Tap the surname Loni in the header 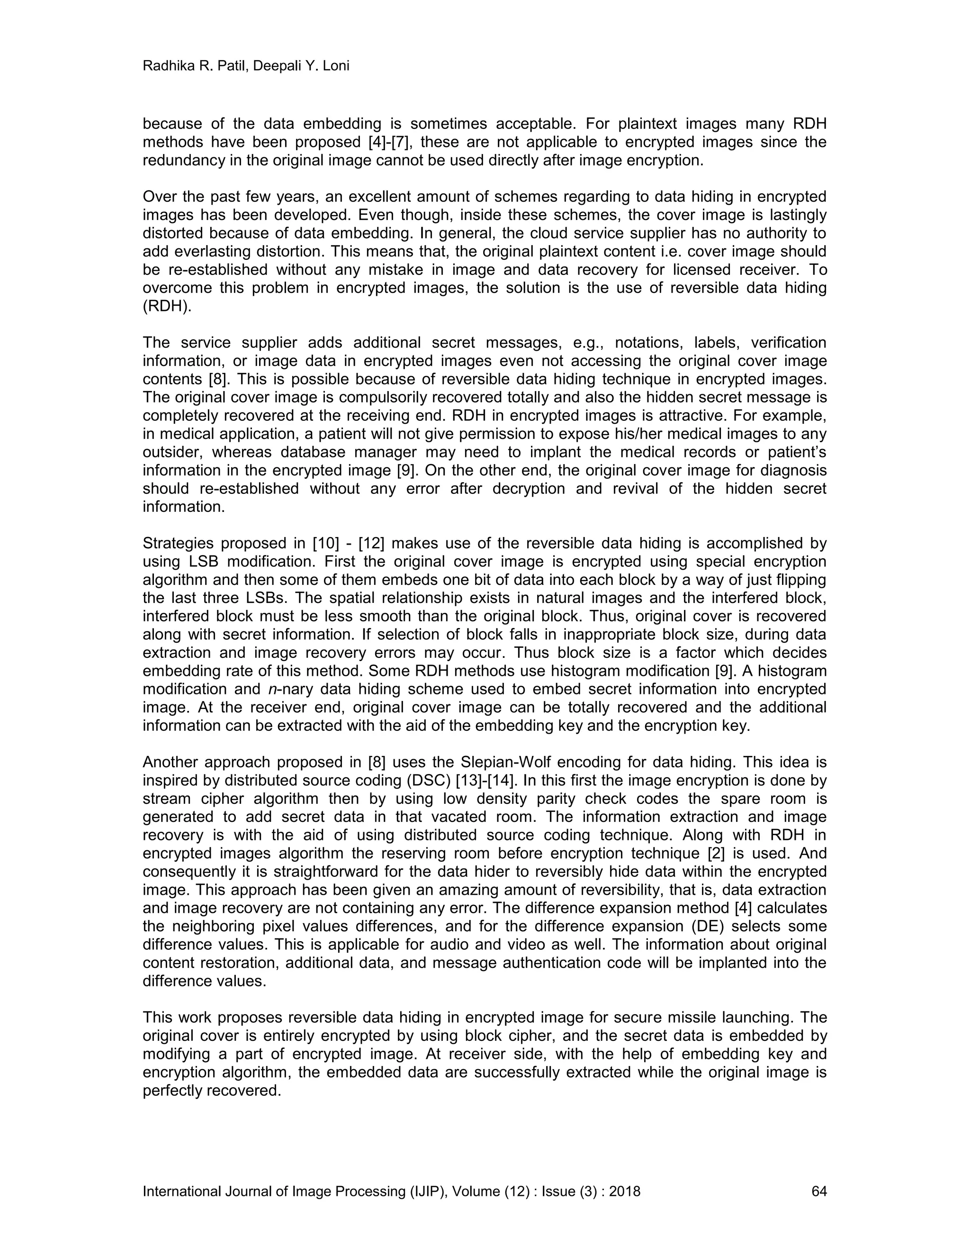(x=337, y=67)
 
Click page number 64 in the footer (x=818, y=1191)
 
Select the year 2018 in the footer (x=625, y=1191)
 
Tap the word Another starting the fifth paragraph (x=170, y=763)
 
